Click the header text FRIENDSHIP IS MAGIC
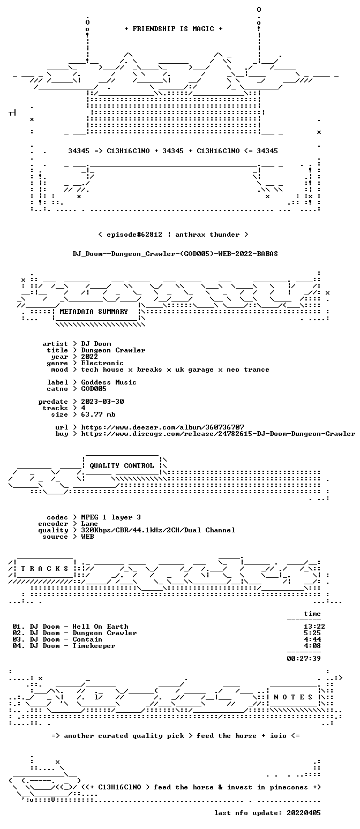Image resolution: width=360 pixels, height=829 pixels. [x=174, y=29]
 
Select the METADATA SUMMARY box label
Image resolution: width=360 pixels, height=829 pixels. [x=94, y=312]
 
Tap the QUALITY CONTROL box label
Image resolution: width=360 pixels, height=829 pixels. [x=122, y=465]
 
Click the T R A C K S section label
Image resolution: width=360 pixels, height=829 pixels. [x=44, y=568]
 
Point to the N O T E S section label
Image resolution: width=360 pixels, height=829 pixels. [x=293, y=697]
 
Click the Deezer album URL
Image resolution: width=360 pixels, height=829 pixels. [x=163, y=427]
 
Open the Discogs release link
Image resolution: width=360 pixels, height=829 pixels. [x=218, y=433]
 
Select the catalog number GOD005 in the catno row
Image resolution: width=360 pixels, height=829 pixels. [x=94, y=389]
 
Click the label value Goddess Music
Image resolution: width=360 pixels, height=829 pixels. [x=109, y=382]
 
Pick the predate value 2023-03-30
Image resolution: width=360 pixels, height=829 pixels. [x=103, y=402]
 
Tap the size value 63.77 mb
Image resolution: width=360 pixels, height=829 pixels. [x=98, y=414]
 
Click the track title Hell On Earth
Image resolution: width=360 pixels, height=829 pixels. [x=100, y=626]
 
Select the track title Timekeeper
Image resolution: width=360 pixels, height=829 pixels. [x=94, y=645]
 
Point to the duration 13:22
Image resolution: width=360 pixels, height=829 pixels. [x=314, y=626]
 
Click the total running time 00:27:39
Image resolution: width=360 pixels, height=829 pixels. [x=304, y=658]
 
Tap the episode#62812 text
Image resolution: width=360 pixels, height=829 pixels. [x=134, y=234]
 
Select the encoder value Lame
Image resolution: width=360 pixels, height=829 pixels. [x=89, y=524]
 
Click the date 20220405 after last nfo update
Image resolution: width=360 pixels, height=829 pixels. [x=304, y=813]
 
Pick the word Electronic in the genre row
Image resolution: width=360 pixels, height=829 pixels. [x=102, y=363]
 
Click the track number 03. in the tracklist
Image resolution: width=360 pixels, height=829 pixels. [x=19, y=639]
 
